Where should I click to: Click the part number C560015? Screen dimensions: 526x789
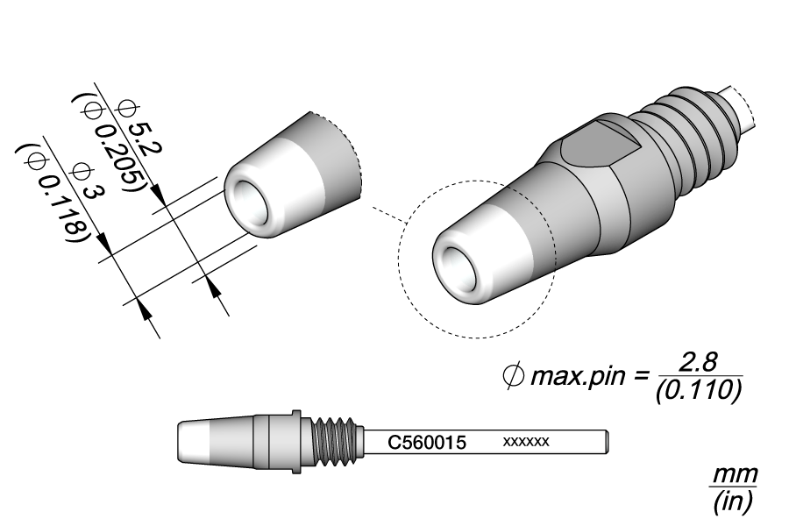point(427,442)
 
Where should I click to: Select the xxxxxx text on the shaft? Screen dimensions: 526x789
point(526,441)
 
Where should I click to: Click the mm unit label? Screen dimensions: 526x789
point(732,476)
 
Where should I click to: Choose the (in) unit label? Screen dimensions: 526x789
point(731,501)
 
